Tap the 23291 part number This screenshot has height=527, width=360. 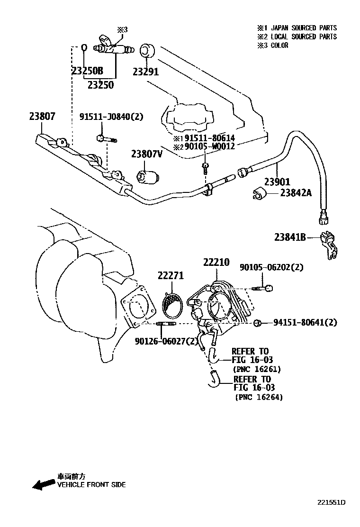(145, 72)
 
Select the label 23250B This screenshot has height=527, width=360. (87, 71)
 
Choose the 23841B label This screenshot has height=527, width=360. (290, 237)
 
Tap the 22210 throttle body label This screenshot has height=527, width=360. (216, 262)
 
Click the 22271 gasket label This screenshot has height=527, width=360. (171, 276)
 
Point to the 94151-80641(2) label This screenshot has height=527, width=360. (305, 323)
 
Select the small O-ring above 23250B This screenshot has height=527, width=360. (84, 47)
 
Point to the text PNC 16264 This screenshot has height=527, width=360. (259, 398)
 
